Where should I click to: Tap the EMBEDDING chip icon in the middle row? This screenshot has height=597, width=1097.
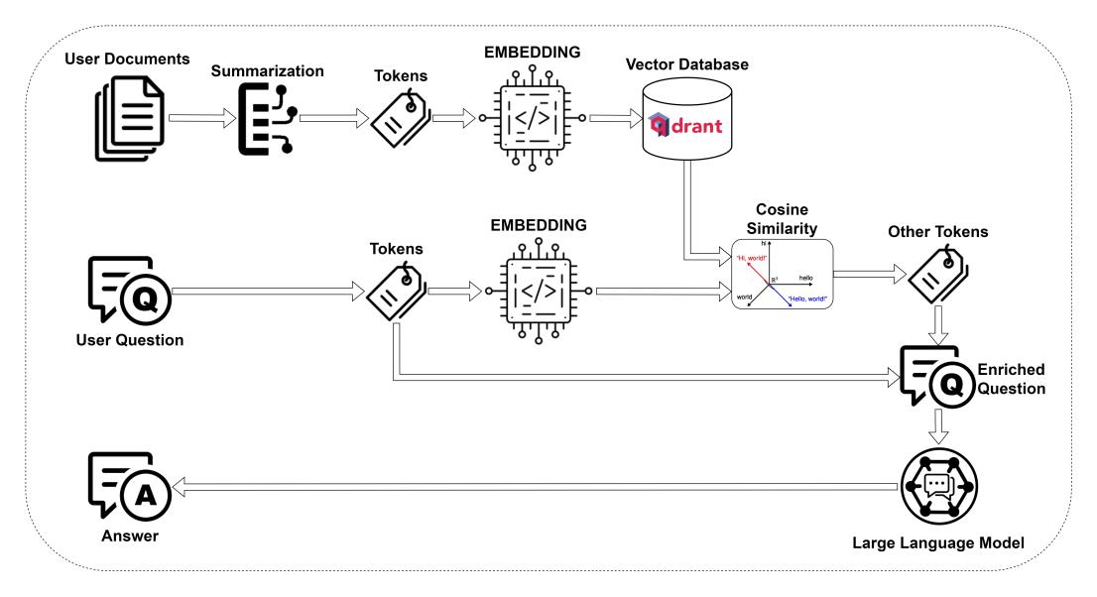536,291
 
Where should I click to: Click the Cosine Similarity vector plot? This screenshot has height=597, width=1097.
780,276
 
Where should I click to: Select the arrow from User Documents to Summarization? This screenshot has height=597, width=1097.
201,118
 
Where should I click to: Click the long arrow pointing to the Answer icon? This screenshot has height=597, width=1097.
536,486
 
